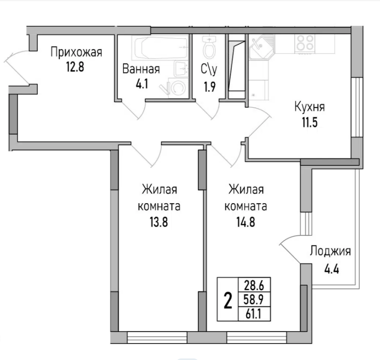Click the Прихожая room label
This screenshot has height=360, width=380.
(76, 52)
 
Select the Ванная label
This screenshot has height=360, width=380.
(141, 69)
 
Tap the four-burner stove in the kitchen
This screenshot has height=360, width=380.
(305, 43)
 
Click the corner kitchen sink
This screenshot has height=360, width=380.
(260, 46)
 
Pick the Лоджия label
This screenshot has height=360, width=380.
(330, 251)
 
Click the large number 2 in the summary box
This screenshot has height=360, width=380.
(228, 300)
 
